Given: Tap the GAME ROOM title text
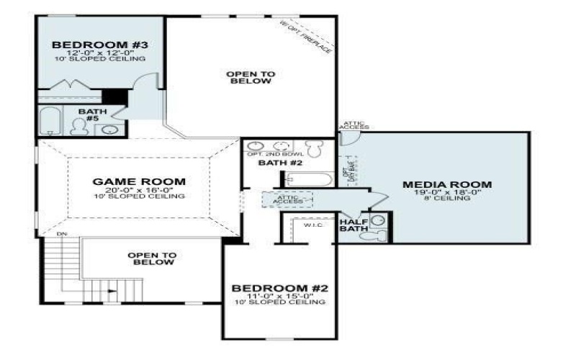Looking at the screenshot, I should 139,181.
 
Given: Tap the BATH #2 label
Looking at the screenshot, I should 274,163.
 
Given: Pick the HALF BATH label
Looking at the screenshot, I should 354,225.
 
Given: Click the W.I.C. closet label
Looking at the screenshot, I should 311,225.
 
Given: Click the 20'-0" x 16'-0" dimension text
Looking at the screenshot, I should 139,189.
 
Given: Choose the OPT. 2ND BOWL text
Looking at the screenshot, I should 266,155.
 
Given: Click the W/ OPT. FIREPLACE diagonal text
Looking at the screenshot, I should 307,35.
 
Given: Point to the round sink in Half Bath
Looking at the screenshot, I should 380,220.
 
